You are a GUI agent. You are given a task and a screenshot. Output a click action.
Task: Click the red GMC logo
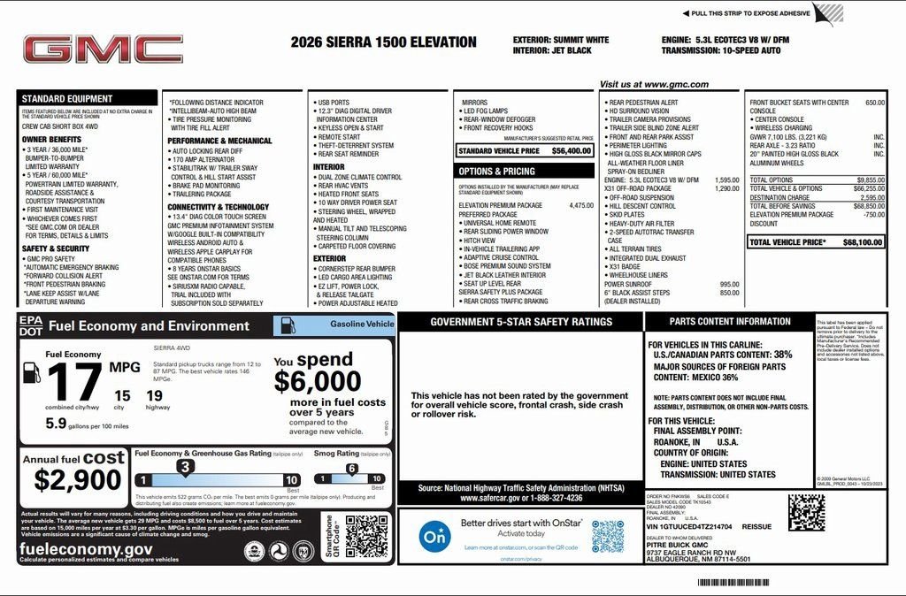pos(103,50)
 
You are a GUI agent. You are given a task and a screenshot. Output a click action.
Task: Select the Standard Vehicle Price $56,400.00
pos(525,151)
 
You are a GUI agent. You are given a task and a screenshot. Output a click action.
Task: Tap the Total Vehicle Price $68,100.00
pos(816,241)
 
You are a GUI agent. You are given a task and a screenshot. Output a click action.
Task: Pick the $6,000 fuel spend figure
pos(317,381)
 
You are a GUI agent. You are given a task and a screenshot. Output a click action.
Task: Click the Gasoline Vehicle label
pos(362,325)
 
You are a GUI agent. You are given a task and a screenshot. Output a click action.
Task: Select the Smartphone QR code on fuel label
pos(366,536)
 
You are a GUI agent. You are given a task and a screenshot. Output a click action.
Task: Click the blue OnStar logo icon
pos(434,536)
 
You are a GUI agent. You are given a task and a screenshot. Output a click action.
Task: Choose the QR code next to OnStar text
pos(608,536)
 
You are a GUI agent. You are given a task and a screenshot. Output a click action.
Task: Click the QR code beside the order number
pos(805,511)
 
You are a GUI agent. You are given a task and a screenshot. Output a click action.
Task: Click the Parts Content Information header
pos(729,322)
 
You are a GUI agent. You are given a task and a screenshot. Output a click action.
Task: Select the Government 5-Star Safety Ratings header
pos(521,322)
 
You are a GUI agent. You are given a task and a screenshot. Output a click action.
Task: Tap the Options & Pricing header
pos(496,171)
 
